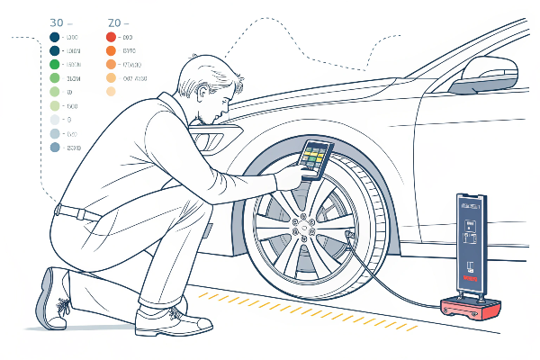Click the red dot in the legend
[111, 37]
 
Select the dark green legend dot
[54, 51]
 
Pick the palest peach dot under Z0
[111, 92]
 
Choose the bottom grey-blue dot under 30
[54, 147]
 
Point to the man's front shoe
[175, 316]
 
